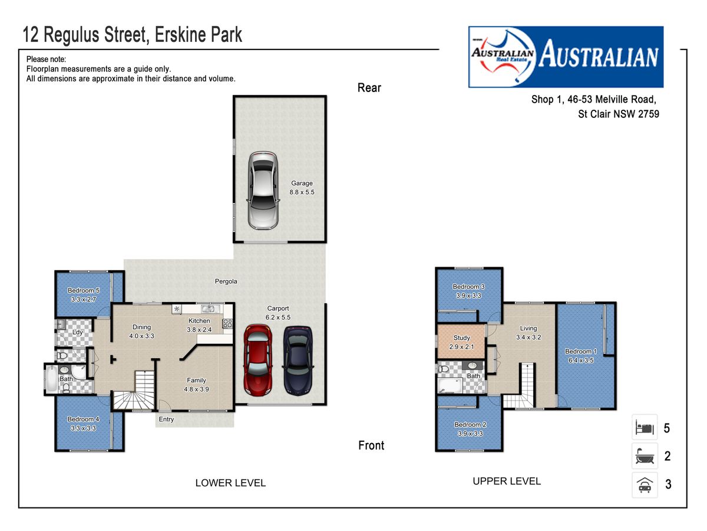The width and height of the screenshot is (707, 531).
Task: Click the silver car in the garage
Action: [263, 191]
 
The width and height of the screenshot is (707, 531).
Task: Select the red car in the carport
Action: [257, 360]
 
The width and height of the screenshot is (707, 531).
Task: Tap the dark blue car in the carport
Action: [298, 360]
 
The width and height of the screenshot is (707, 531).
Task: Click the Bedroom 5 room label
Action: [84, 290]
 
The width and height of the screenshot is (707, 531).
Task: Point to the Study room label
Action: [461, 337]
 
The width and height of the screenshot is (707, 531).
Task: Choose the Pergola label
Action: [226, 281]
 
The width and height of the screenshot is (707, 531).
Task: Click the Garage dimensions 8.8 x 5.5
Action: [302, 192]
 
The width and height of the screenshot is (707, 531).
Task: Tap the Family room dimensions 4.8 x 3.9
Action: [196, 389]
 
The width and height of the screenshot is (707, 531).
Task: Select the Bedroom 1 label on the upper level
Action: [581, 351]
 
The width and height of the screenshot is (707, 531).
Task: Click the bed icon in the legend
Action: [644, 428]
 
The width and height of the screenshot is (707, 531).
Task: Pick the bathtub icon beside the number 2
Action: [645, 455]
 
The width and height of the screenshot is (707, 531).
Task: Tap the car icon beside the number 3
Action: [645, 484]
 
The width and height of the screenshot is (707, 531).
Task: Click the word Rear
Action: [369, 88]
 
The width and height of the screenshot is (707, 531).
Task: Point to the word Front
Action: [371, 445]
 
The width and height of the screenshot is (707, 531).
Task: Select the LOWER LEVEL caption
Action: [230, 483]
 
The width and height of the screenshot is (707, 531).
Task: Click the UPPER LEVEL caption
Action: [507, 481]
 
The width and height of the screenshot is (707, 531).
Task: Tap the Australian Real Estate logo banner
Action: [566, 57]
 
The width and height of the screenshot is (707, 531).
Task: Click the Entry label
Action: [166, 419]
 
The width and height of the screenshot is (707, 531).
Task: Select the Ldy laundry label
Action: [77, 332]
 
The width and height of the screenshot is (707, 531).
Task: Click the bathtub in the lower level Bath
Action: [51, 379]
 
